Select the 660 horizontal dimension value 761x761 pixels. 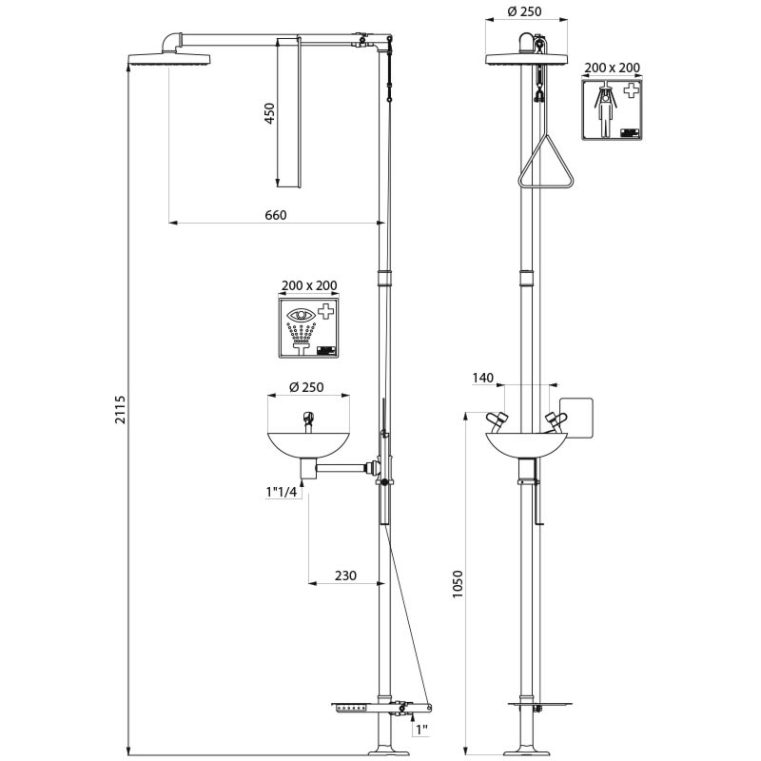274,215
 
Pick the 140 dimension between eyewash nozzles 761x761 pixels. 483,378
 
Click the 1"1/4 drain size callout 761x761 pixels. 282,492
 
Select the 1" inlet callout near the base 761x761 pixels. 420,730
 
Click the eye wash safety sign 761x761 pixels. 308,327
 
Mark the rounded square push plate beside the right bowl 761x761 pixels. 577,418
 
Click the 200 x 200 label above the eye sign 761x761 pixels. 308,285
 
